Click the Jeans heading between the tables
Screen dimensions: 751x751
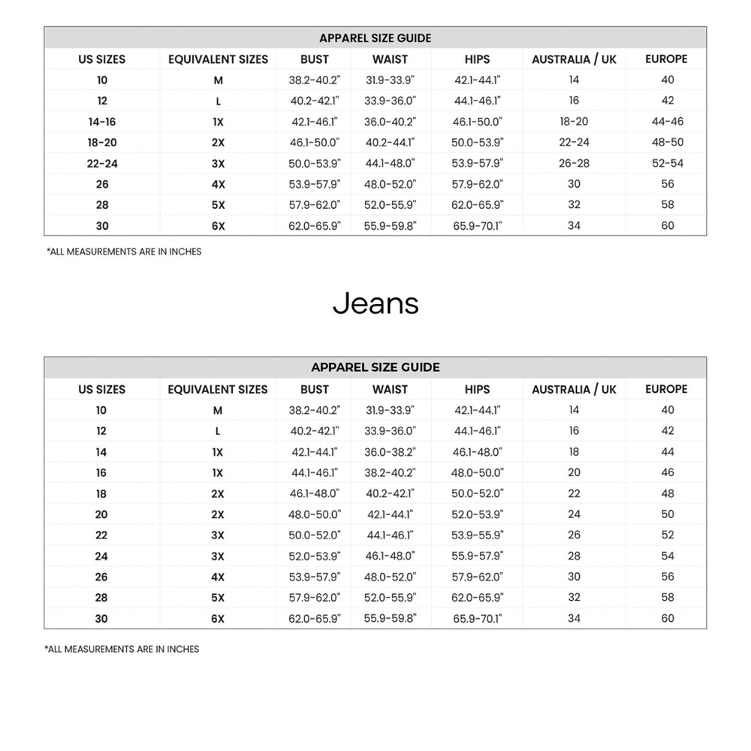(375, 303)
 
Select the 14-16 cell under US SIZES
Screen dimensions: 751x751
(101, 122)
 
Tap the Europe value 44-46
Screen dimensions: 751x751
(667, 122)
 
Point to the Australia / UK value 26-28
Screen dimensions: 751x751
(574, 163)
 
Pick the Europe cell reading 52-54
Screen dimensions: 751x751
(667, 163)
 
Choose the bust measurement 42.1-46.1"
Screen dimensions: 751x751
(315, 122)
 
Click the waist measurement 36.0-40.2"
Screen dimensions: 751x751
(390, 122)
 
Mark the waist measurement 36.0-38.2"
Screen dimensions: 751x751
(390, 452)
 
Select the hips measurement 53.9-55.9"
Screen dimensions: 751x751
(477, 535)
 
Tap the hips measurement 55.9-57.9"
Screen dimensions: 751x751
(477, 556)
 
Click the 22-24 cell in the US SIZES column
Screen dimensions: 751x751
(101, 163)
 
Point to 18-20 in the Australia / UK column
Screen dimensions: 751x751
(574, 122)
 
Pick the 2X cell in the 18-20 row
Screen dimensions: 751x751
(218, 143)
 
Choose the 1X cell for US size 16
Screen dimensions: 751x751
(218, 473)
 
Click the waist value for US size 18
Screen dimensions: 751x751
(390, 494)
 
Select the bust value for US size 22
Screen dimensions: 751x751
(315, 535)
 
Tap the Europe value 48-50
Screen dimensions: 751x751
(667, 143)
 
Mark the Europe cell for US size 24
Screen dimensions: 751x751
(667, 556)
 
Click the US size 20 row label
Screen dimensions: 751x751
(101, 514)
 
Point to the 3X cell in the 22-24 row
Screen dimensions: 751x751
(218, 163)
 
